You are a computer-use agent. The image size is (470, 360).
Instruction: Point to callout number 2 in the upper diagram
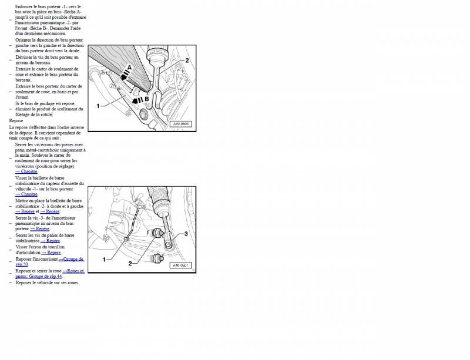187,60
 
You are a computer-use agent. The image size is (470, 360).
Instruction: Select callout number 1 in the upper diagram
99,106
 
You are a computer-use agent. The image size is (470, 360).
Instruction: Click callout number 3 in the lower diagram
186,234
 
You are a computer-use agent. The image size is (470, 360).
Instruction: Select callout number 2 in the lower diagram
130,264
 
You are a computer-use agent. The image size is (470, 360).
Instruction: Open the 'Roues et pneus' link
73,271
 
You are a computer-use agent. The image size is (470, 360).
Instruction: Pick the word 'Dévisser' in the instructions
25,57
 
